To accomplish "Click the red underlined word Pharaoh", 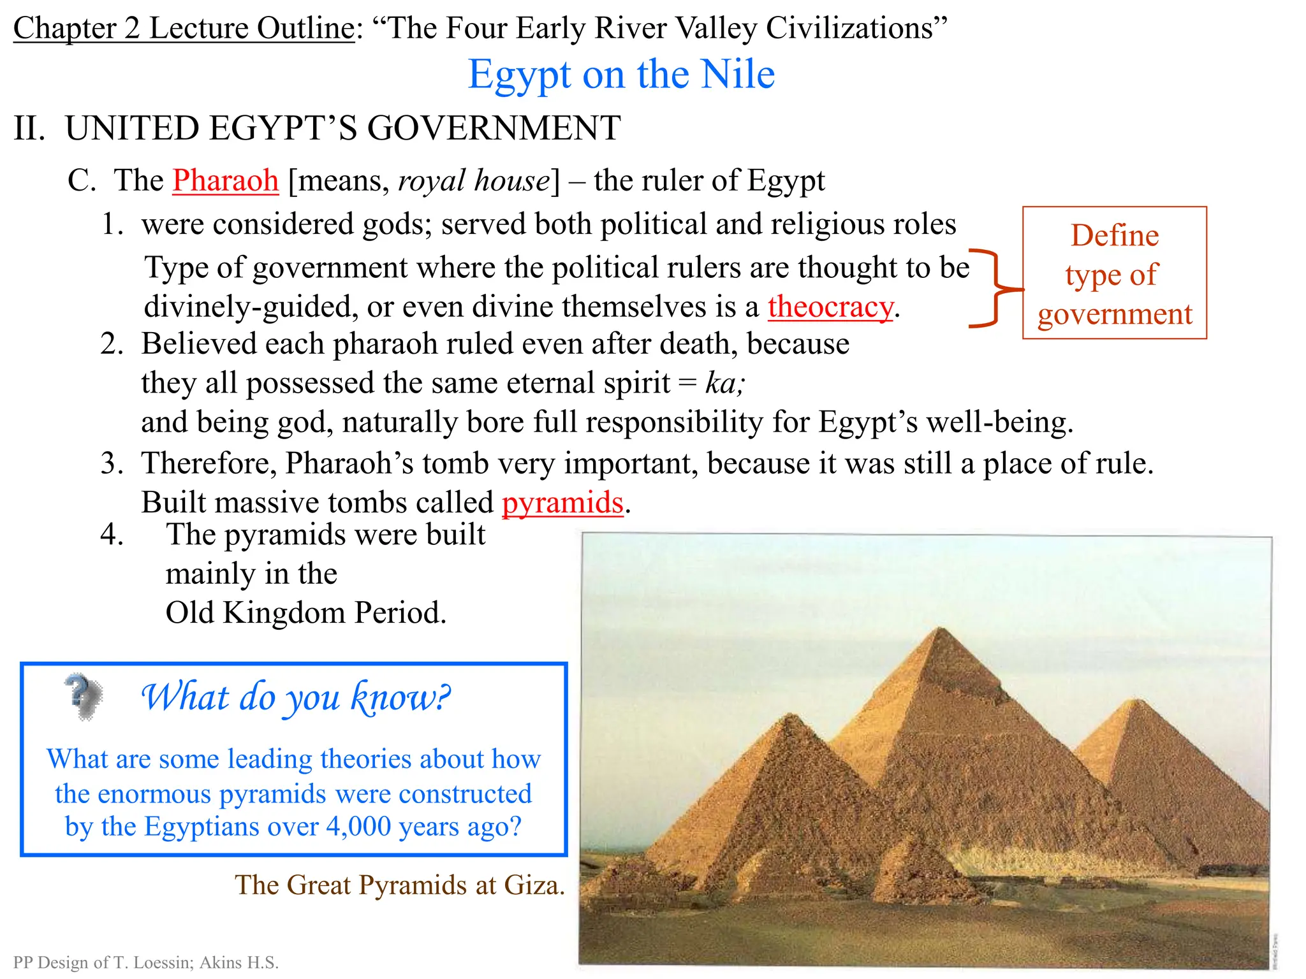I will (225, 181).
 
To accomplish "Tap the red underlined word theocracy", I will (830, 307).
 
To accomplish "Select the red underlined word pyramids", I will (562, 503).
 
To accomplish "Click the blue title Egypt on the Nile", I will (621, 75).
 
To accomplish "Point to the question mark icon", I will (84, 697).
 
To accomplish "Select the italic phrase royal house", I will (474, 181).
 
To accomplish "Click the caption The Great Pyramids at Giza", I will (400, 885).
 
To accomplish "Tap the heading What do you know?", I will (295, 697).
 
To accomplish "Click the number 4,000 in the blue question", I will (358, 827).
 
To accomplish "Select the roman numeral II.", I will (29, 129).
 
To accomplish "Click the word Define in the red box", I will (1114, 236).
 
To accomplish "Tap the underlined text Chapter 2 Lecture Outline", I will (184, 29).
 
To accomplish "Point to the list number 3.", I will (112, 463).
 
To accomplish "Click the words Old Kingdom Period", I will (305, 613).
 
